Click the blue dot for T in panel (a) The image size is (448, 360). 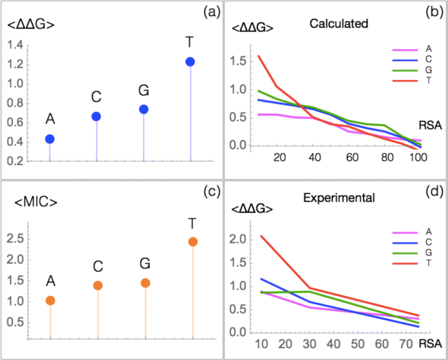[x=190, y=62]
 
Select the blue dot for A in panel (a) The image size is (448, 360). [x=50, y=139]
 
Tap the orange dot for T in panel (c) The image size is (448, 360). [x=192, y=242]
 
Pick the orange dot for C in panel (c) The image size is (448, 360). [x=98, y=285]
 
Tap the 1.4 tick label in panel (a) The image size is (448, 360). [x=15, y=45]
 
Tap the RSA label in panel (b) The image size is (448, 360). [x=429, y=124]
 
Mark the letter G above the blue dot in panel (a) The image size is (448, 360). [x=144, y=89]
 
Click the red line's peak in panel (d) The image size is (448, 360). [x=261, y=236]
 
